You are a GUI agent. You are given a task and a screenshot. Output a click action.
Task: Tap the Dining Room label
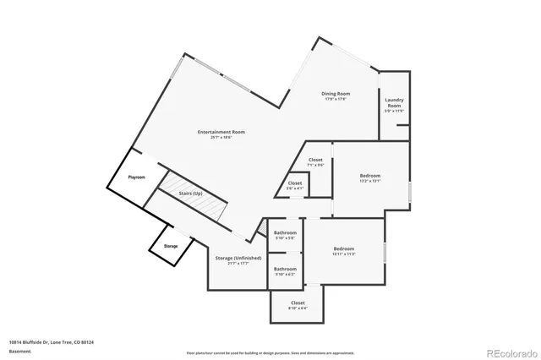coord(336,93)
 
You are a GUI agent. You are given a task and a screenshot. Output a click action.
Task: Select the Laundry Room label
coord(395,103)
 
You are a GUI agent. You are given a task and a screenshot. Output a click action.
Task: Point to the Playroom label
coord(137,177)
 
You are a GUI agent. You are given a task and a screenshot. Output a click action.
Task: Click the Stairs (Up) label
coord(190,194)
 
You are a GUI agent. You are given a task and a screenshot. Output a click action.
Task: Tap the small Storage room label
coord(171,246)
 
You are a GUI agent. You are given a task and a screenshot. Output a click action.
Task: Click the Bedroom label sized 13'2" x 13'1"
coord(370,175)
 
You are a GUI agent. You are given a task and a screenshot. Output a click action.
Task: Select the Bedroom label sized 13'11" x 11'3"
coord(342,248)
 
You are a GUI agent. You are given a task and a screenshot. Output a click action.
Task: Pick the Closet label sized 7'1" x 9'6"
coord(315,160)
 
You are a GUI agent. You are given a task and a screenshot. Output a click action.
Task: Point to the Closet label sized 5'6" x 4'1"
coord(295,183)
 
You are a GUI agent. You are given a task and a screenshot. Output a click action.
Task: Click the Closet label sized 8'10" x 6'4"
coord(298,303)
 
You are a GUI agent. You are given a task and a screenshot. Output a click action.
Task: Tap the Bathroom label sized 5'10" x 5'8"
coord(285,232)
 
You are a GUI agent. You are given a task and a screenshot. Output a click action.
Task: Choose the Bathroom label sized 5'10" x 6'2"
coord(285,269)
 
